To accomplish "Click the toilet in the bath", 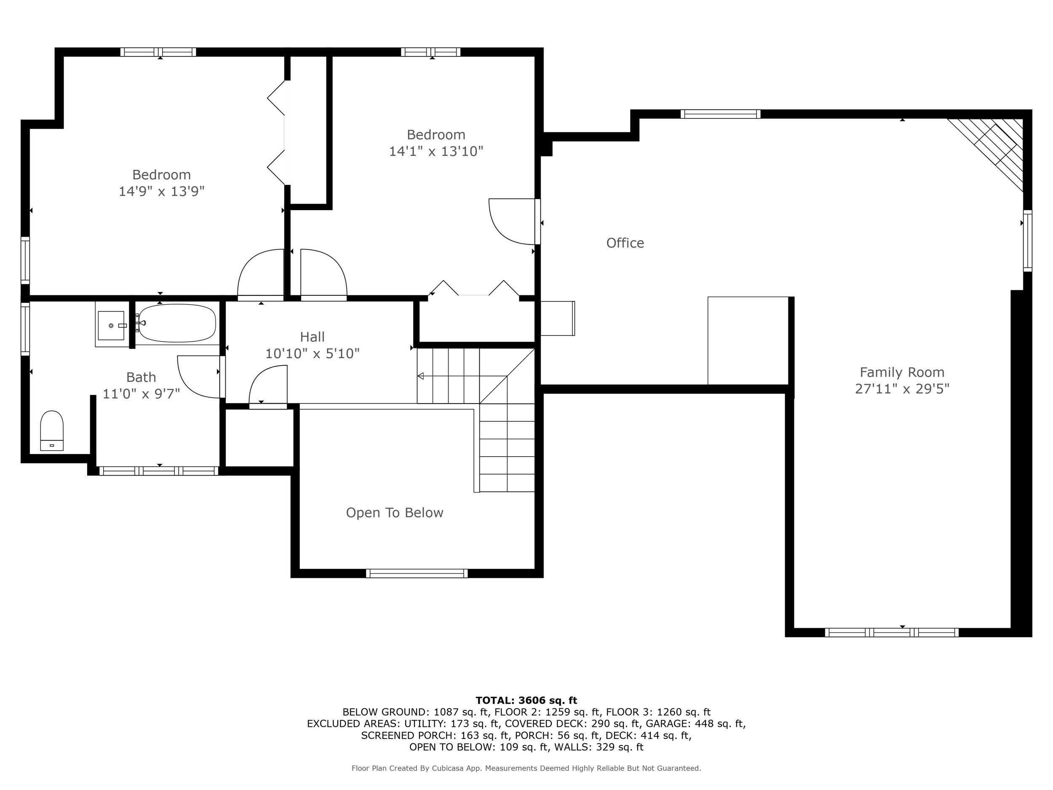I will (52, 430).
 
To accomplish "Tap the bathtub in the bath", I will (177, 323).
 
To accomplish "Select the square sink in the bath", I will (111, 326).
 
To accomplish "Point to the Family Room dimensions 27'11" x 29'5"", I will (902, 389).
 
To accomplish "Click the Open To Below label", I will (394, 513).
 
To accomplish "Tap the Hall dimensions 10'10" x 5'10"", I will (312, 354).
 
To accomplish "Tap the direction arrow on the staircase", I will (421, 376).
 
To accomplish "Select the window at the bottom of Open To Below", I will (417, 573).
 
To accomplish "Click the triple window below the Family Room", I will (892, 632).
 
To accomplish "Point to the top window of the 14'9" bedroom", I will (158, 52).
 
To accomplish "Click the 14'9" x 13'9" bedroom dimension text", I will (161, 191).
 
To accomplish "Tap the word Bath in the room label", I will (141, 377).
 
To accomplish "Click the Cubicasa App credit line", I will (526, 768).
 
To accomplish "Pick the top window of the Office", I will (720, 114).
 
